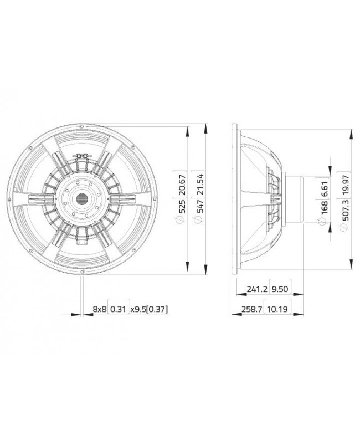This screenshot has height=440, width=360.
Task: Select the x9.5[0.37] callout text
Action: (x=149, y=309)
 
